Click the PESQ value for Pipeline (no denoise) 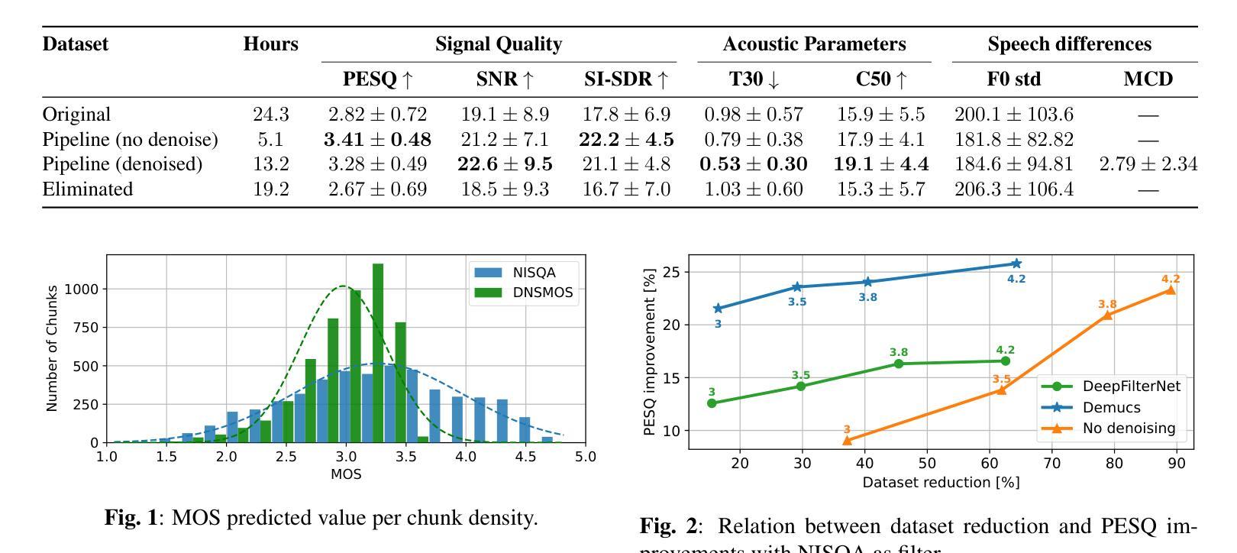[x=377, y=140]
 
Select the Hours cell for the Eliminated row [x=271, y=189]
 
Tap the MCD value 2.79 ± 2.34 [x=1148, y=164]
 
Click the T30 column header [x=753, y=79]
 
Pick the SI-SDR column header [x=626, y=79]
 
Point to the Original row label [x=76, y=115]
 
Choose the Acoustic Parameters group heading [x=814, y=44]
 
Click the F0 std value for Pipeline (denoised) [x=1013, y=164]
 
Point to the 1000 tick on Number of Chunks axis [x=81, y=289]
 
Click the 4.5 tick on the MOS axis [x=525, y=457]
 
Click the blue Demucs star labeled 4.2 [x=1016, y=264]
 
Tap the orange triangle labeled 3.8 [x=1107, y=315]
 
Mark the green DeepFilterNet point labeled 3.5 [x=801, y=386]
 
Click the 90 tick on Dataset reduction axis [x=1177, y=463]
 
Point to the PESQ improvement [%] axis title [x=650, y=351]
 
